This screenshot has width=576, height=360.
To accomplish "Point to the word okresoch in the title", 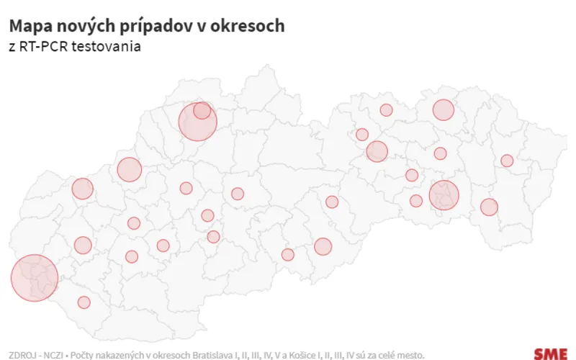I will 249,26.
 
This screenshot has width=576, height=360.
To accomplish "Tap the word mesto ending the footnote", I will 410,354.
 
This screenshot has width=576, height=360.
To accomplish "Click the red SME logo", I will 549,353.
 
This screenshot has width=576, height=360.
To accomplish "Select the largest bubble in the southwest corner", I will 35,278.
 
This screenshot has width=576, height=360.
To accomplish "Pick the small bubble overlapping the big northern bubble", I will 202,110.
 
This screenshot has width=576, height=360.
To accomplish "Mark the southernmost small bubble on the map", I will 84,302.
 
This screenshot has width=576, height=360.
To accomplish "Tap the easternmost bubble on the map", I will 507,161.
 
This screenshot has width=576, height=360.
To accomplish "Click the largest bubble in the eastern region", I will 444,195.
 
